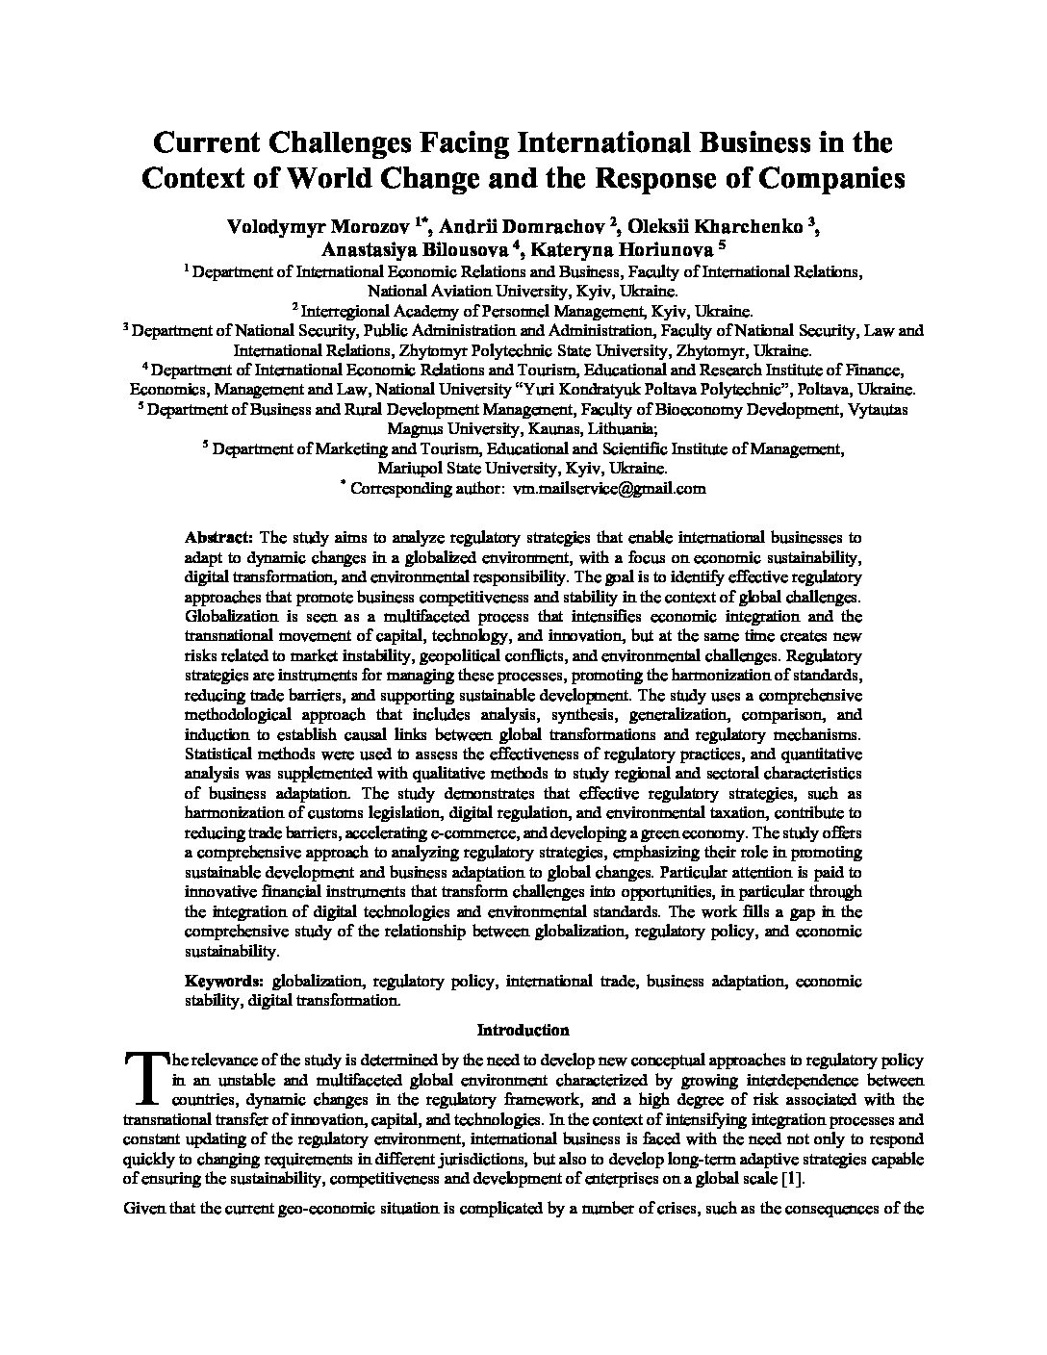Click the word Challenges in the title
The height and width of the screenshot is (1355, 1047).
click(332, 143)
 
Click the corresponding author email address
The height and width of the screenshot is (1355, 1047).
click(609, 488)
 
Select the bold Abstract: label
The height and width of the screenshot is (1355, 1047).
click(219, 537)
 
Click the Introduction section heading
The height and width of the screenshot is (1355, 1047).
click(523, 1030)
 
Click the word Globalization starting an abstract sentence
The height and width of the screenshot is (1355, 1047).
click(227, 616)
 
